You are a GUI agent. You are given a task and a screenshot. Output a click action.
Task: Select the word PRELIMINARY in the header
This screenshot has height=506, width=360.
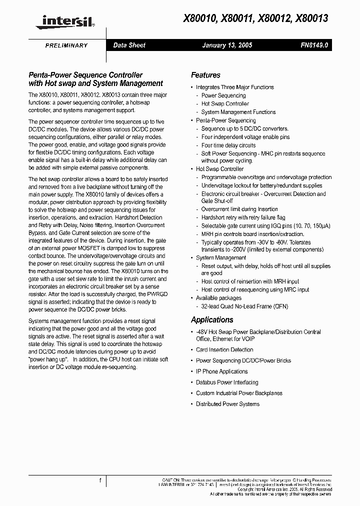[x=66, y=45]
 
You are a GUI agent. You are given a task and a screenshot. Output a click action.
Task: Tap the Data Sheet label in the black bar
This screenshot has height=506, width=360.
[x=129, y=45]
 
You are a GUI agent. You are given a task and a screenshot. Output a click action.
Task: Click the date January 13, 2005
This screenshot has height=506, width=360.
[x=227, y=45]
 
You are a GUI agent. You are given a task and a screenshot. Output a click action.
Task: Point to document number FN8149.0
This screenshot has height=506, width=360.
[x=314, y=45]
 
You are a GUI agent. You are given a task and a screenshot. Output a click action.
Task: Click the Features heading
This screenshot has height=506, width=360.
[x=205, y=75]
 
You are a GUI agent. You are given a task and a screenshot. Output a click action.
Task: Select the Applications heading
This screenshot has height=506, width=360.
[x=212, y=319]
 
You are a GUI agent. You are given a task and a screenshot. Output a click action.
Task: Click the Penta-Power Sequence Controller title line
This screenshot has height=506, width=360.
[x=85, y=75]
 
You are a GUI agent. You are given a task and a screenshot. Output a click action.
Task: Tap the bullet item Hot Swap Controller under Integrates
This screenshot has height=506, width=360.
[x=225, y=103]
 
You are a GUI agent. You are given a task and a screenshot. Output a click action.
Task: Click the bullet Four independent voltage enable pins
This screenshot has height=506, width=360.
[x=245, y=136]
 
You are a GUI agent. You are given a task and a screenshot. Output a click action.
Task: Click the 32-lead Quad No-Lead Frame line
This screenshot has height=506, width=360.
[x=245, y=306]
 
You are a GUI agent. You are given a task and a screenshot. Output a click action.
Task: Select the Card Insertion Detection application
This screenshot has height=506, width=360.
[x=224, y=349]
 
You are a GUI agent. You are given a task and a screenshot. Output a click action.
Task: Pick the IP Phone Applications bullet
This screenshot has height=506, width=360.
[x=221, y=371]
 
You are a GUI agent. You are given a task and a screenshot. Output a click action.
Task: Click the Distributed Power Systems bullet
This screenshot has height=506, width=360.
[x=227, y=404]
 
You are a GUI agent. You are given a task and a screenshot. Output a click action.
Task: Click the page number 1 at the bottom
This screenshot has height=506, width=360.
[x=100, y=480]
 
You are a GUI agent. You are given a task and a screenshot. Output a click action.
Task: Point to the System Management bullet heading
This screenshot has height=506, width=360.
[x=220, y=257]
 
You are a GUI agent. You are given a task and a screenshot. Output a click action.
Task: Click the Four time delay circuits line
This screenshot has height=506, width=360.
[x=228, y=145]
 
